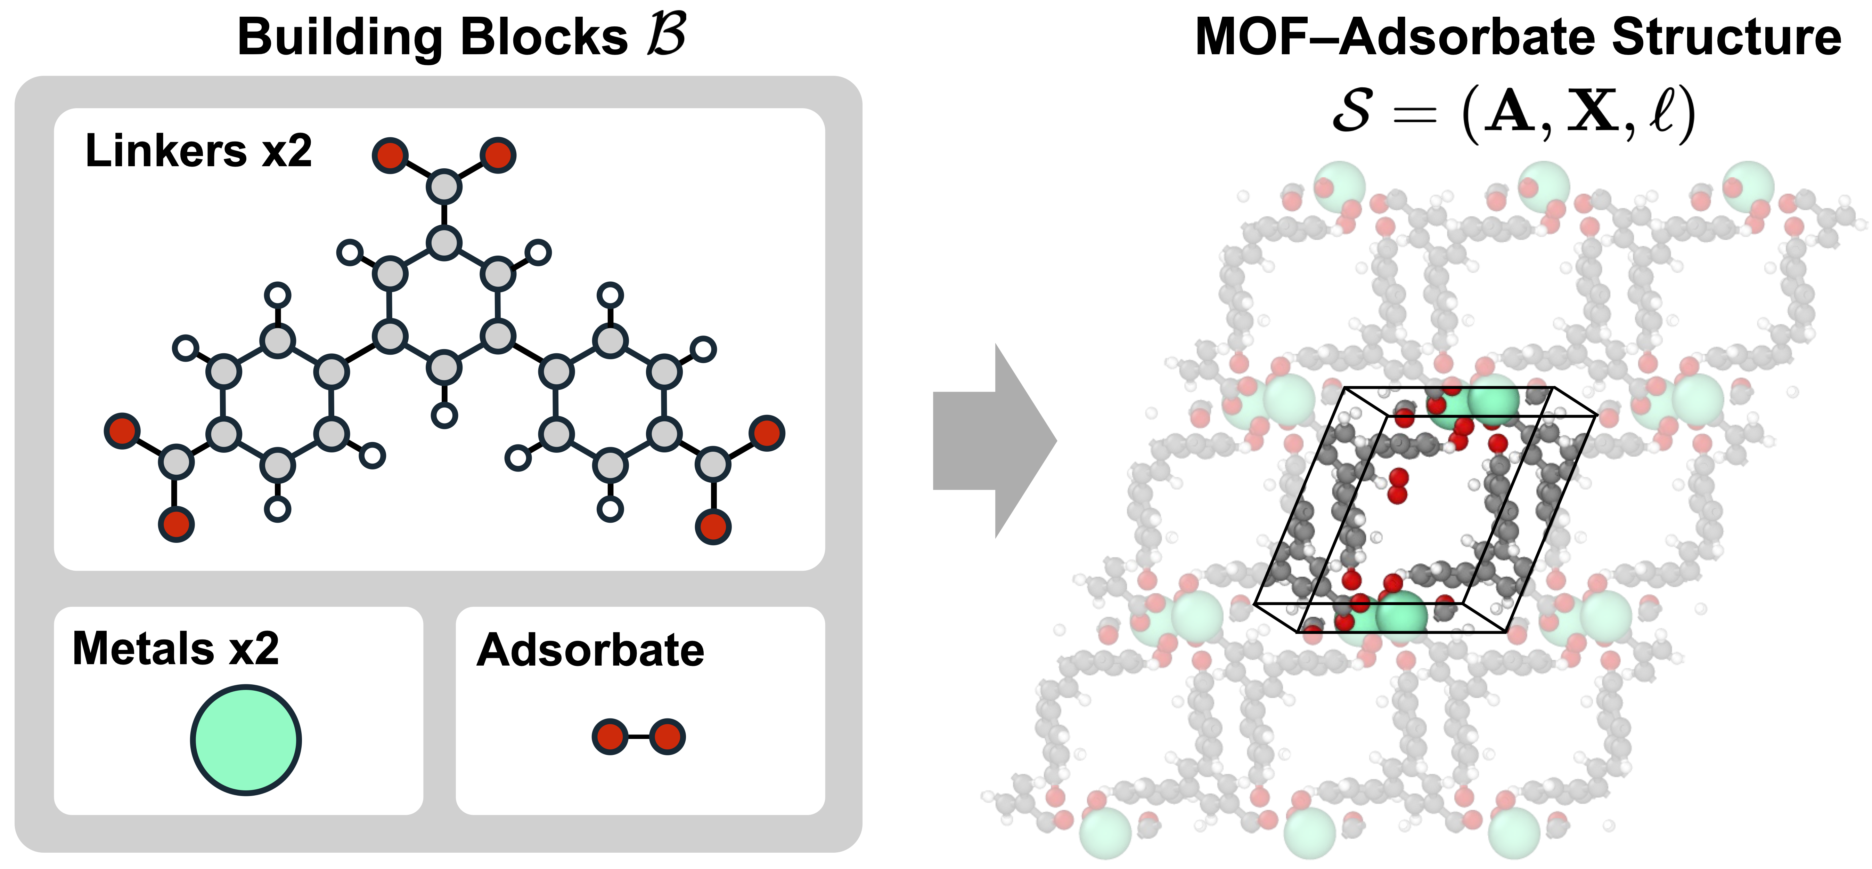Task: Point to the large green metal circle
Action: [246, 740]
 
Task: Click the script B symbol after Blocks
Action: [665, 35]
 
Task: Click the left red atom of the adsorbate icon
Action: [610, 737]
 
